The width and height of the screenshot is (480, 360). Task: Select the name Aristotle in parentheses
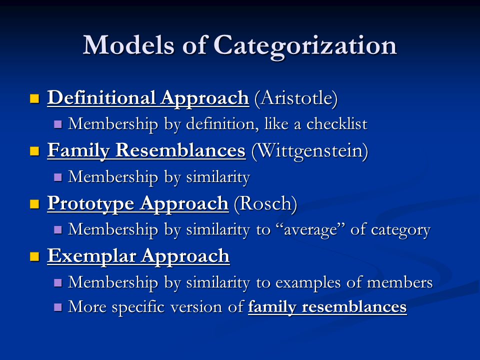coord(296,98)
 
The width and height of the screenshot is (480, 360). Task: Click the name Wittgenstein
coord(309,151)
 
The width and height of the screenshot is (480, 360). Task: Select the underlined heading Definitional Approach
coord(148,98)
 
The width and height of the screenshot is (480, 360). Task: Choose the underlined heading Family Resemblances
coord(146,151)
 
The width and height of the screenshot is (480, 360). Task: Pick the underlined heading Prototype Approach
coord(138,203)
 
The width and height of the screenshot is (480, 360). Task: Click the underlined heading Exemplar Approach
coord(138,256)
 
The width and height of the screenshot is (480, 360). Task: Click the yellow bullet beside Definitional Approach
coord(34,98)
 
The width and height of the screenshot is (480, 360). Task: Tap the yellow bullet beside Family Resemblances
coord(34,151)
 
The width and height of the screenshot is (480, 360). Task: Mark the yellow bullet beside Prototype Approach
coord(34,204)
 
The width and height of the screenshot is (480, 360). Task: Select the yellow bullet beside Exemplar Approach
coord(34,257)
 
